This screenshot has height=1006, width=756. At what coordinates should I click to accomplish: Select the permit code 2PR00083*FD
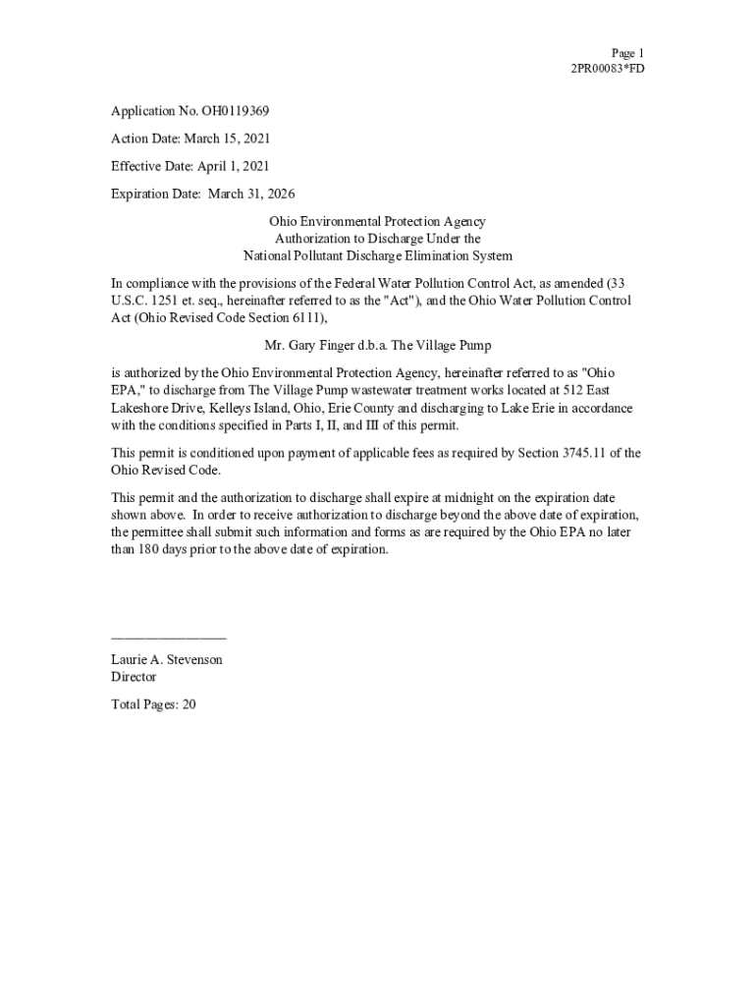(x=608, y=69)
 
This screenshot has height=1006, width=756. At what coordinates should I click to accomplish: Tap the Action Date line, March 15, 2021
(x=190, y=140)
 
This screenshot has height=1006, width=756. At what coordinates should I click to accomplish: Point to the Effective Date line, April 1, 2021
(x=190, y=167)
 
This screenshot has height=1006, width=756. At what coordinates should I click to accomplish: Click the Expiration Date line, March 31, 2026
(x=203, y=195)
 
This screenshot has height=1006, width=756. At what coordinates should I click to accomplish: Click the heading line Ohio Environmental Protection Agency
(x=378, y=223)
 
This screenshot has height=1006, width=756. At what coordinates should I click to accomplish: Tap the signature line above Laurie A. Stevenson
(x=168, y=639)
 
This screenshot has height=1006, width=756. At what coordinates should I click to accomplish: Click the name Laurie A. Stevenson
(x=167, y=659)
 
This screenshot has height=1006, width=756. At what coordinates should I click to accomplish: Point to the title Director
(x=134, y=677)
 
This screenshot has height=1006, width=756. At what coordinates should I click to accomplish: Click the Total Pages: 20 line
(x=153, y=704)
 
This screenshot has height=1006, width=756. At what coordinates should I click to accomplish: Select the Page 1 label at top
(x=627, y=53)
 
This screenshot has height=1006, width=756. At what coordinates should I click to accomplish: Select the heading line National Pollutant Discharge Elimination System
(x=378, y=256)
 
